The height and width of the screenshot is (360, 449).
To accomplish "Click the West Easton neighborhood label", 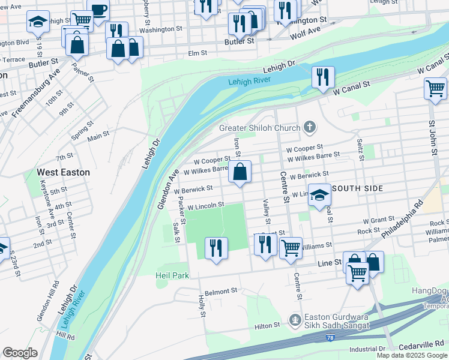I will pos(64,172).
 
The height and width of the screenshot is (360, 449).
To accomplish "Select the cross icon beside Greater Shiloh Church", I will pos(309,127).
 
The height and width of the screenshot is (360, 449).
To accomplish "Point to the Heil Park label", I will pos(173,275).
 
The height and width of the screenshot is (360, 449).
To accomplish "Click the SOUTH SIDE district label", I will pos(357,188).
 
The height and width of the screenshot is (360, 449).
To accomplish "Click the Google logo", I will pos(20,353).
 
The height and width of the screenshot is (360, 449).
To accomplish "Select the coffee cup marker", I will pos(98,10).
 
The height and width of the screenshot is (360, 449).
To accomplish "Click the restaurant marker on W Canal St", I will pos(323,77).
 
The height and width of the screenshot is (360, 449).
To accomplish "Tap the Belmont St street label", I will pos(221,292).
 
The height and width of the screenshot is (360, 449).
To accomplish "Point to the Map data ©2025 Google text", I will pos(411,355).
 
